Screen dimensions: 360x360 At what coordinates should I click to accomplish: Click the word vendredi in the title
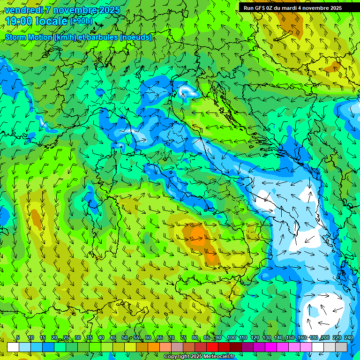tap(24, 10)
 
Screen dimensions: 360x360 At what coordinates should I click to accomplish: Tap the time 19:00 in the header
tap(20, 21)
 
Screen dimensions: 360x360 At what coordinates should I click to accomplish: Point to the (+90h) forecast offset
tap(81, 21)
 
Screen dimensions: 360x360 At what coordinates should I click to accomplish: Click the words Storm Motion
tap(28, 37)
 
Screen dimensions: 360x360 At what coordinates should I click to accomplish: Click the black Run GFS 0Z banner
tap(299, 8)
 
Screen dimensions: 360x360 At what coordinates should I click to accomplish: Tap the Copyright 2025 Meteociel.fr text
tap(199, 356)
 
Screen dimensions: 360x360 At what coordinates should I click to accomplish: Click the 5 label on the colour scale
tap(18, 338)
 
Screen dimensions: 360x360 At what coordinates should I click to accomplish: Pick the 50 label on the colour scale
tap(124, 338)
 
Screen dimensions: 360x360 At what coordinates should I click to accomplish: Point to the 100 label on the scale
tap(231, 338)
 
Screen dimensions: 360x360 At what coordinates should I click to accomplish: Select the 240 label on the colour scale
tap(349, 338)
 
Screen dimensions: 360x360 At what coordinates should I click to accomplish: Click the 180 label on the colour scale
tap(313, 338)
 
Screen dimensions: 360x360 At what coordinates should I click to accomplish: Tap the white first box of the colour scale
tap(13, 347)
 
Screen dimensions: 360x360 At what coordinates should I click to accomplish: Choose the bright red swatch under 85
tap(212, 347)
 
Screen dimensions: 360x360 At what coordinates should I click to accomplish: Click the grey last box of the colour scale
tap(341, 347)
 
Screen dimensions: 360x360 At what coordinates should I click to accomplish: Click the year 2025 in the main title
tap(109, 10)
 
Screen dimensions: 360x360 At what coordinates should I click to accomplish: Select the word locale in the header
tap(52, 21)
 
